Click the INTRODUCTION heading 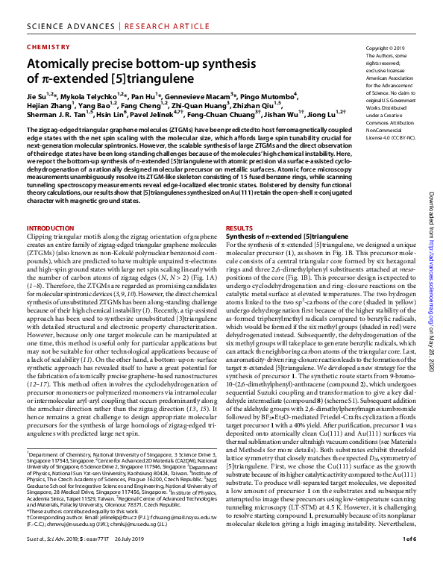tap(51, 228)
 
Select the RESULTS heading tap(240, 228)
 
